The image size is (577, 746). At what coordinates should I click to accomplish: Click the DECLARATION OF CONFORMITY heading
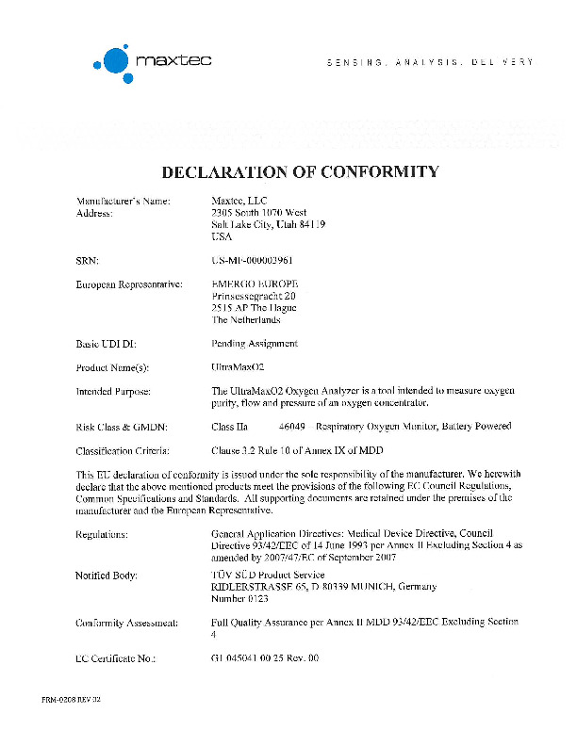[x=301, y=171]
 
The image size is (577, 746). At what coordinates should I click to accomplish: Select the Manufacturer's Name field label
[x=123, y=201]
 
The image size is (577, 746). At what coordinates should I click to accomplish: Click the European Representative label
[x=129, y=284]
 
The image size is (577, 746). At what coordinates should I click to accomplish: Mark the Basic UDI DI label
[x=107, y=344]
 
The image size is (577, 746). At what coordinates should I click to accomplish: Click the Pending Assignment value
[x=255, y=344]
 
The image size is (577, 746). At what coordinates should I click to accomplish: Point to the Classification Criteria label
[x=123, y=450]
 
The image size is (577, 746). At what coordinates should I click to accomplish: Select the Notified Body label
[x=107, y=575]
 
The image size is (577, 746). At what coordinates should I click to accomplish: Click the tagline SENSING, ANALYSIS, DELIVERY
[x=430, y=62]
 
